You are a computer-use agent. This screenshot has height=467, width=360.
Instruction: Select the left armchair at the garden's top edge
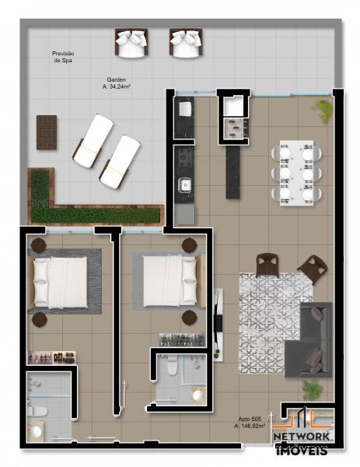click(131, 43)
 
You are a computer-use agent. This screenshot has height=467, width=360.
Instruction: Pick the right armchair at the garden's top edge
click(185, 43)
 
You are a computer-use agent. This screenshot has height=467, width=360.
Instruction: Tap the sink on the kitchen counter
click(185, 186)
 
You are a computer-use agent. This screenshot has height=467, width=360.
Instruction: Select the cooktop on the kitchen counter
click(186, 158)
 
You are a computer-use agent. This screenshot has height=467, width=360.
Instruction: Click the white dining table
click(296, 172)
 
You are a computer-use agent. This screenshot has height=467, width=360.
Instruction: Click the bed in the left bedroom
click(60, 281)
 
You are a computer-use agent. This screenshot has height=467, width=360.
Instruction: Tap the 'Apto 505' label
click(250, 417)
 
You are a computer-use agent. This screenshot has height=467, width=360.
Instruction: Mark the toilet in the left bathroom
click(37, 409)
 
